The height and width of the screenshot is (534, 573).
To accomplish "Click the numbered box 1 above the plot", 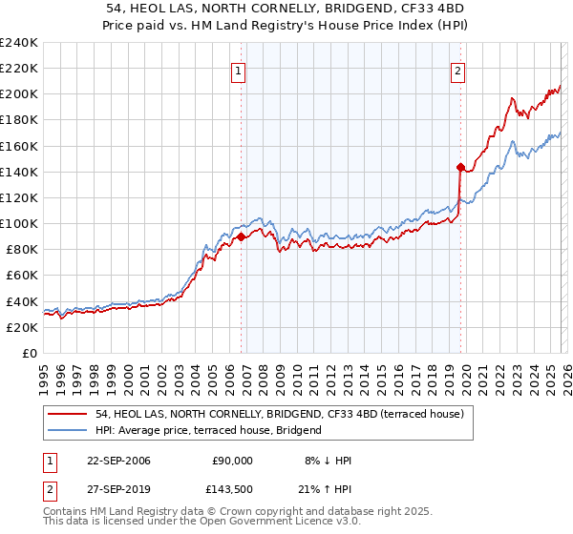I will (x=237, y=70).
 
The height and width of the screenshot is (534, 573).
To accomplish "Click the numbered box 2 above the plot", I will (x=458, y=70).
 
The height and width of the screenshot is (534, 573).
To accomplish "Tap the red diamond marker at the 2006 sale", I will (x=241, y=237).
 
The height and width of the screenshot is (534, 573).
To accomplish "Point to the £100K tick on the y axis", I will (x=19, y=223).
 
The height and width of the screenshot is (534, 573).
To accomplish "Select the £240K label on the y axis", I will (x=19, y=43).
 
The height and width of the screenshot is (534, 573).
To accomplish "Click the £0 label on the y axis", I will (x=29, y=353).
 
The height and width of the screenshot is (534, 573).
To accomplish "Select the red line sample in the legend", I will (x=68, y=414).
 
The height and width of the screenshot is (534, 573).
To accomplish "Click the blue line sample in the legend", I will (x=68, y=430).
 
